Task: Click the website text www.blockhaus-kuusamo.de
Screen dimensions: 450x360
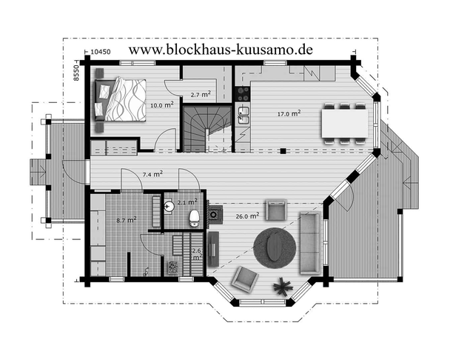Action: (221, 50)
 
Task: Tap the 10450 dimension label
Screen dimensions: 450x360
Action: (101, 52)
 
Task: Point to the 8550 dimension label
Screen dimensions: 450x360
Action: (75, 73)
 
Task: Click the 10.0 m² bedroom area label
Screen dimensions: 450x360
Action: (162, 104)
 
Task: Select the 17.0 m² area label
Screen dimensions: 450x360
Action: (289, 113)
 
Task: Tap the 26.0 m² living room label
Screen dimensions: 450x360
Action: (247, 216)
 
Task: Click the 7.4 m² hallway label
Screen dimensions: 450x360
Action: (153, 174)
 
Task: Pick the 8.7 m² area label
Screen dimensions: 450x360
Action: (127, 220)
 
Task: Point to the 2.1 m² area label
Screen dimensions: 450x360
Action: (187, 201)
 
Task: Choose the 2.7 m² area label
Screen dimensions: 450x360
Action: (201, 94)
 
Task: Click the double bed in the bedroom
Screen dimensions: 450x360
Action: (120, 99)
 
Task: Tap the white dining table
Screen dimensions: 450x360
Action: (345, 123)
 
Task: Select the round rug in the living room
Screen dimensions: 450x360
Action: (275, 248)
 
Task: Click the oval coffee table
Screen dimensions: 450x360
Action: (275, 248)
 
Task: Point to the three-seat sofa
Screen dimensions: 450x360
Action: (310, 243)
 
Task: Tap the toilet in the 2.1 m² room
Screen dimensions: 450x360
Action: (195, 218)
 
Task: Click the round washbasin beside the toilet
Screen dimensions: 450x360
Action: (169, 206)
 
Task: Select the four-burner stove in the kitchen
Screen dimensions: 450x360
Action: (243, 94)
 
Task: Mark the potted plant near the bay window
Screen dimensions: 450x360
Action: (283, 286)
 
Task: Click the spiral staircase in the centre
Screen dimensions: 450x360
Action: (207, 128)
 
